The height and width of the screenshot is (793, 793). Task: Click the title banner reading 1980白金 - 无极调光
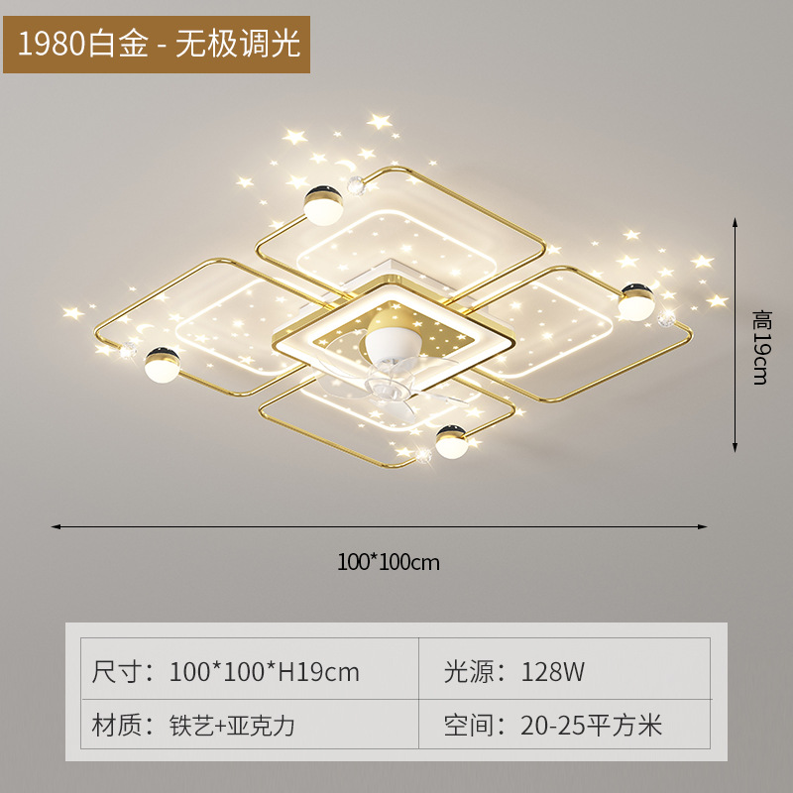tap(157, 44)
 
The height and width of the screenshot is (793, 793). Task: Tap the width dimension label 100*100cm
tap(388, 562)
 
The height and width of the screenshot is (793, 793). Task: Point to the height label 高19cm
tap(760, 347)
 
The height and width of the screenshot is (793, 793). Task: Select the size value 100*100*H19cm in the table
tap(265, 672)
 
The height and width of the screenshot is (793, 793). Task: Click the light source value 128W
tap(553, 672)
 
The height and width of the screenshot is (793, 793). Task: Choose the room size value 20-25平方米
tap(591, 725)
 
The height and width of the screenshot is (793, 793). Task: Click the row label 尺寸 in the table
tap(117, 672)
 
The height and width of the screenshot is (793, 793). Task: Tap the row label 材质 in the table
tap(117, 725)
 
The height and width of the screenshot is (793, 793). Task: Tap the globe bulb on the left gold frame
tap(161, 366)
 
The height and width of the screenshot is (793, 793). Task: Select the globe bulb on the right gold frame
tap(634, 302)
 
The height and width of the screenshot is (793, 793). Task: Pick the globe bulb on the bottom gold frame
tap(452, 441)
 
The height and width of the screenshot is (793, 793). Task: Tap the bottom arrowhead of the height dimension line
tap(736, 448)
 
